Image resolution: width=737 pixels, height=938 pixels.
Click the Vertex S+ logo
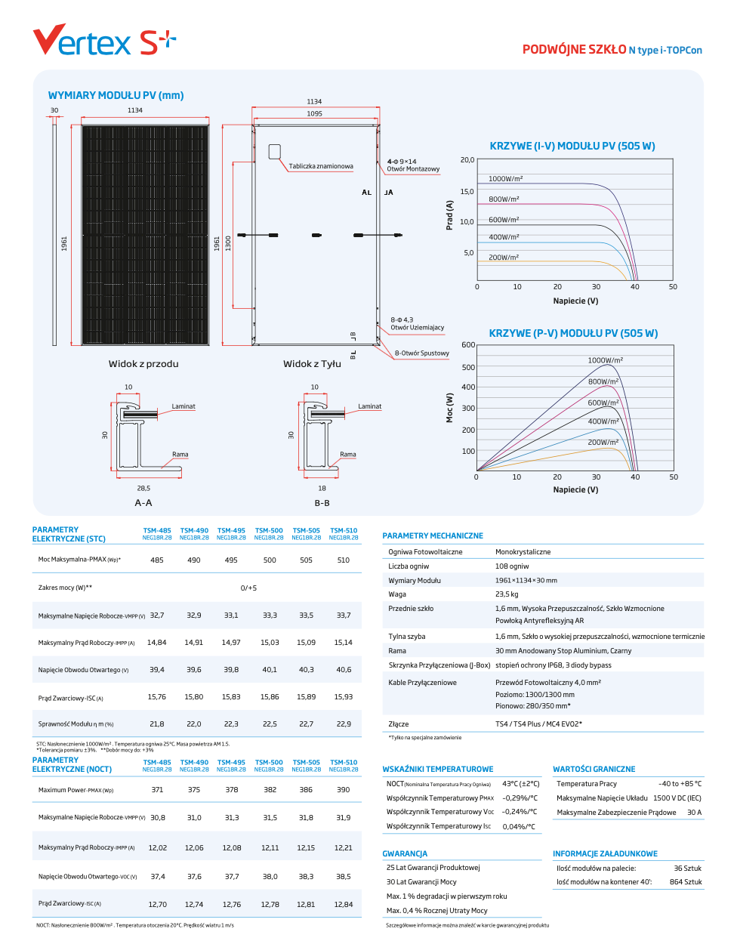[x=104, y=41]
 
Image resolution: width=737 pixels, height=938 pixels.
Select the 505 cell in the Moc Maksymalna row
[x=306, y=560]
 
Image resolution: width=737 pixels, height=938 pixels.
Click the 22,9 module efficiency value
[x=344, y=724]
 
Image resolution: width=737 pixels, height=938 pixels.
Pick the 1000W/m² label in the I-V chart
[x=505, y=179]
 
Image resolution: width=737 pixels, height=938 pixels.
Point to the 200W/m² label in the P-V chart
[x=603, y=443]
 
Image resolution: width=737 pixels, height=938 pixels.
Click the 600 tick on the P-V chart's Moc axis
[x=468, y=345]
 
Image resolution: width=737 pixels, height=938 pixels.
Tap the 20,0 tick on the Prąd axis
[x=467, y=160]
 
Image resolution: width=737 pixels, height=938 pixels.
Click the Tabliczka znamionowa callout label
[x=321, y=166]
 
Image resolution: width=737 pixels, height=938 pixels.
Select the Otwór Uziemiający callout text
[x=417, y=328]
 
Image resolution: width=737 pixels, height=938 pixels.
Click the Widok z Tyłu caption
[x=312, y=364]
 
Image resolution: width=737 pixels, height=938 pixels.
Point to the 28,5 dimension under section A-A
[x=143, y=489]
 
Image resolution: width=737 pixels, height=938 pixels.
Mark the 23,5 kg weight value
[x=507, y=594]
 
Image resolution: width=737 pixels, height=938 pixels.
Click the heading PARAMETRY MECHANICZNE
[x=433, y=535]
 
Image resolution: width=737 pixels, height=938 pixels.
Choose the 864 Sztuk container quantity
[x=686, y=882]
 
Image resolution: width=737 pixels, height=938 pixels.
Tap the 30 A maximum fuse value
[x=694, y=813]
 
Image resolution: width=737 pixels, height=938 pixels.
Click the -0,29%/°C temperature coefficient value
[x=520, y=798]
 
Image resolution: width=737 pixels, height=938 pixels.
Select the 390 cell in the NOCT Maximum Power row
[x=344, y=790]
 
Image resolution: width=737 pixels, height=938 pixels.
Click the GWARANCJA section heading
[x=405, y=854]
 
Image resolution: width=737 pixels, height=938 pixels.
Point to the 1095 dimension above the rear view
[x=314, y=114]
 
